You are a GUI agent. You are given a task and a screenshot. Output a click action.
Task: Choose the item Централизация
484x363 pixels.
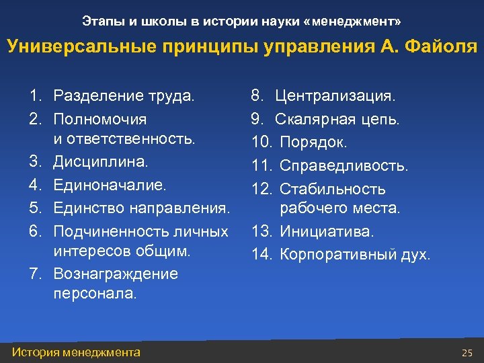(x=335, y=96)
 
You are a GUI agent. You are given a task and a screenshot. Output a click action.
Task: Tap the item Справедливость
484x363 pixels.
(x=344, y=165)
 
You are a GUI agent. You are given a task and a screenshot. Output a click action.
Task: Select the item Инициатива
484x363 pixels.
(x=327, y=231)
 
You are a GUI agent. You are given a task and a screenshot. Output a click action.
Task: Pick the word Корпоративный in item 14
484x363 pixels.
(x=335, y=254)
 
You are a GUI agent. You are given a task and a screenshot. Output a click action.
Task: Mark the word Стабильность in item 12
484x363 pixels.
(x=332, y=190)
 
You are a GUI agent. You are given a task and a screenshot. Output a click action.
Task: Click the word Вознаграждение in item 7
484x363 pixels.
(x=116, y=274)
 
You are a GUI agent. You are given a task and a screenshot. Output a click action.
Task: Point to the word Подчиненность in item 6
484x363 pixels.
(x=100, y=231)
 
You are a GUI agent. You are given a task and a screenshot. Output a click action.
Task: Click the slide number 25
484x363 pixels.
(x=467, y=352)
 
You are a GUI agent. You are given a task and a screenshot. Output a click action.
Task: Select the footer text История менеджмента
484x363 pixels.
(x=77, y=352)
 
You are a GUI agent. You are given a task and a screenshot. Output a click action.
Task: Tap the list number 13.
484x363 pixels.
(x=261, y=231)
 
